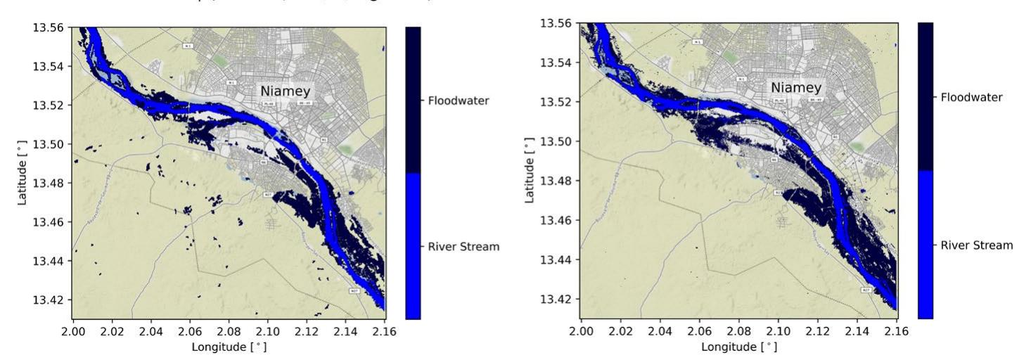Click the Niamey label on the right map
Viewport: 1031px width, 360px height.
[x=795, y=88]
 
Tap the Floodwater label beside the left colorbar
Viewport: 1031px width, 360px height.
[x=458, y=101]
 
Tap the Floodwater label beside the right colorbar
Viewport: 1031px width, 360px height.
[x=972, y=98]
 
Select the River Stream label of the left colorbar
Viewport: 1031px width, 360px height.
[x=463, y=247]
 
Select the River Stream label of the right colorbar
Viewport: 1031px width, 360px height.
[x=977, y=245]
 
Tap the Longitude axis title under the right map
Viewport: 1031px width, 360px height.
[x=738, y=346]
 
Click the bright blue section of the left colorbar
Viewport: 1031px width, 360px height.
[x=413, y=246]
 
